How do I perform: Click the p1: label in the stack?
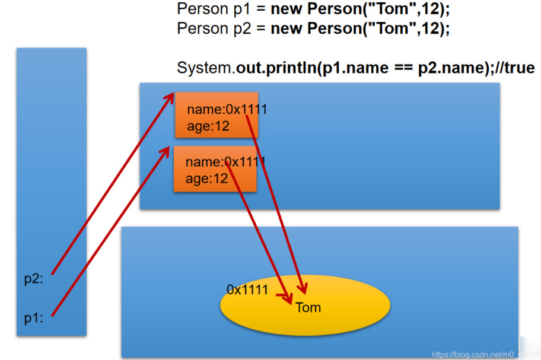coord(33,318)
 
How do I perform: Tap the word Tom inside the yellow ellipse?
coord(308,307)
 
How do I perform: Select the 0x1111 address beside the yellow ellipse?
coord(247,289)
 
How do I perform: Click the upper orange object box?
coord(217,114)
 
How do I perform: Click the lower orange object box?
coord(215,169)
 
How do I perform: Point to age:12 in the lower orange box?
coord(206,179)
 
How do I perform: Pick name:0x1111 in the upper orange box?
coord(227,110)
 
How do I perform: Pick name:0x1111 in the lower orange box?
coord(225,163)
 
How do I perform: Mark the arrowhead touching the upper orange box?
coord(170,97)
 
